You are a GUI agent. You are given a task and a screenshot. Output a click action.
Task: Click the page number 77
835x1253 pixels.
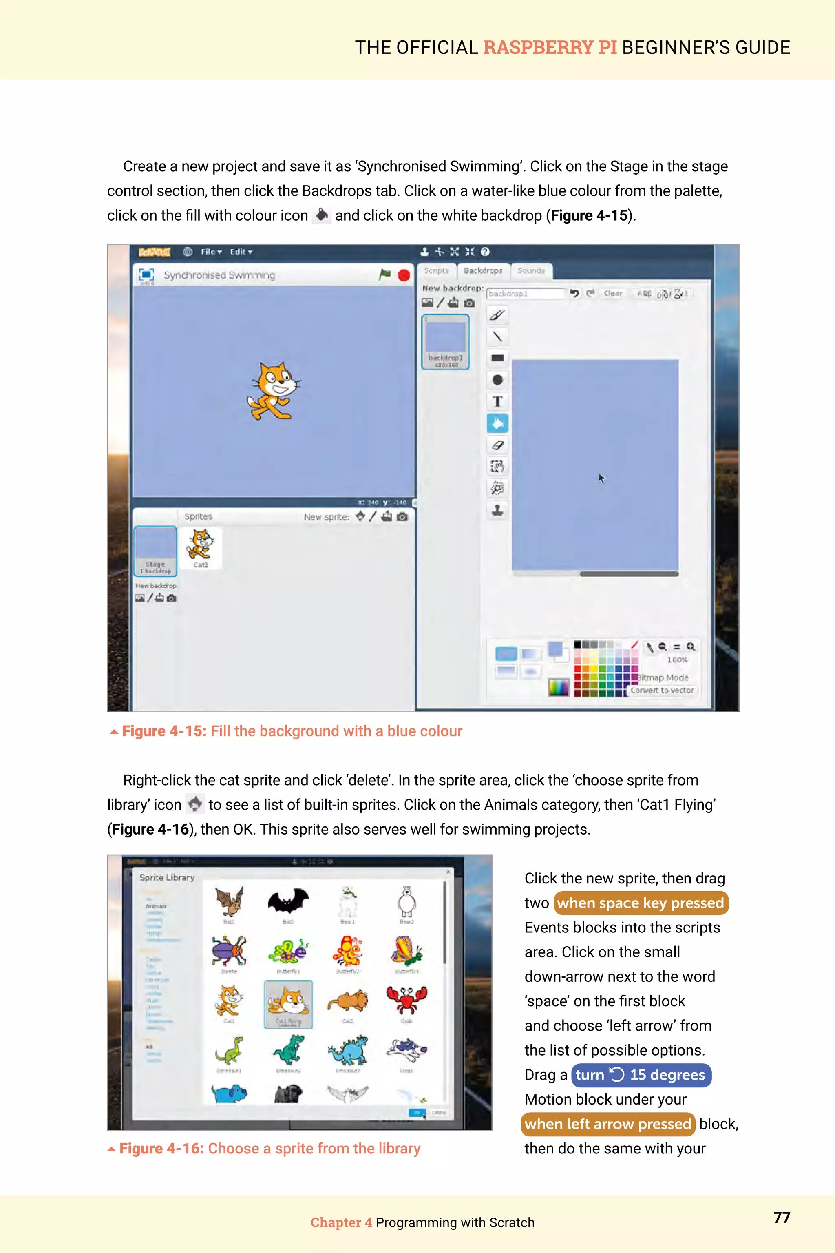781,1217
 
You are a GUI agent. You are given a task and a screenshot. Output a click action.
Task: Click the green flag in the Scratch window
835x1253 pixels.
385,275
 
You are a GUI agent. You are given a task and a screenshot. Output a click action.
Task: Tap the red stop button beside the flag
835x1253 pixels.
404,275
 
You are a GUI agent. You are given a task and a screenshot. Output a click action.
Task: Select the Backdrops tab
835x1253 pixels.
483,271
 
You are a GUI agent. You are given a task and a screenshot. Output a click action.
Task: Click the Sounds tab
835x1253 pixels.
531,271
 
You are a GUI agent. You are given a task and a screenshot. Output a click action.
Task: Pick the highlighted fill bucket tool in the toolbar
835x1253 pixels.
497,423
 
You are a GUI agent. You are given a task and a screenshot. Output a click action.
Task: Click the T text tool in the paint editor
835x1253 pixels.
497,401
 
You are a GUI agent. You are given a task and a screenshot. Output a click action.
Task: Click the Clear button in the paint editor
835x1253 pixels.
613,294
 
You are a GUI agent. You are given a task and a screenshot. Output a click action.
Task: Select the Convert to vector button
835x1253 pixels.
662,691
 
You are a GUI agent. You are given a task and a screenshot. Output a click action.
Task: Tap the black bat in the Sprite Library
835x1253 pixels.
288,901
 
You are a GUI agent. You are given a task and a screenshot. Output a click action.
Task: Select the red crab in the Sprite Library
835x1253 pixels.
406,1001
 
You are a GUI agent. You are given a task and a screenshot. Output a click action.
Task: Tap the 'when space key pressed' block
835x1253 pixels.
641,903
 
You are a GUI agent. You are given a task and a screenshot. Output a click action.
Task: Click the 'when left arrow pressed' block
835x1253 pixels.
607,1124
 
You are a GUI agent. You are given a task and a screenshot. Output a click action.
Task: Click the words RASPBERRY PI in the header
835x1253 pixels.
550,47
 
